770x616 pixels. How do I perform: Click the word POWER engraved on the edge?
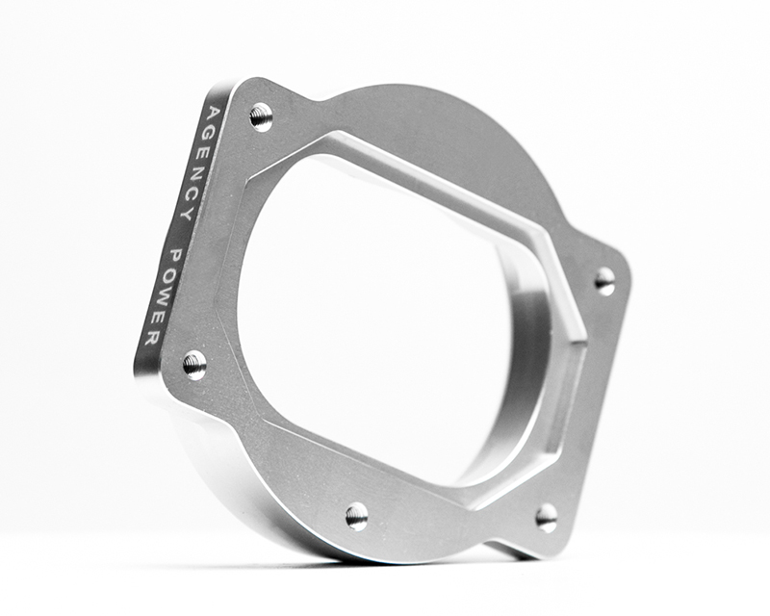161,295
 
